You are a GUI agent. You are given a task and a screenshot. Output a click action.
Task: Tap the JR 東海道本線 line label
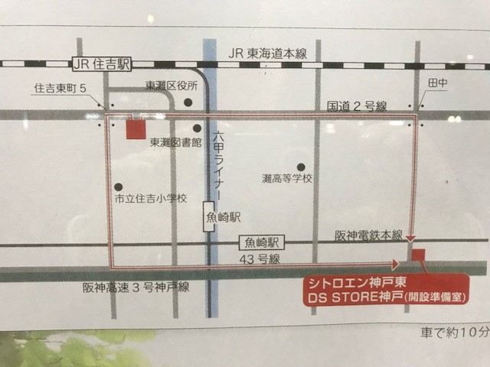click(x=268, y=53)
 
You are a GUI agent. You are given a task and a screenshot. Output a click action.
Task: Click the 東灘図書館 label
click(x=175, y=142)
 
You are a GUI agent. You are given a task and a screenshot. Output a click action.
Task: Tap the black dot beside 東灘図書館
click(x=197, y=128)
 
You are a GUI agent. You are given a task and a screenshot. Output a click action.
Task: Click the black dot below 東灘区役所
click(x=188, y=102)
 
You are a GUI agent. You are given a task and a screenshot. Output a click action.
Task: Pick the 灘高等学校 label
click(x=287, y=179)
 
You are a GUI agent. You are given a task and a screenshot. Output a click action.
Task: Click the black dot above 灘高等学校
click(x=301, y=166)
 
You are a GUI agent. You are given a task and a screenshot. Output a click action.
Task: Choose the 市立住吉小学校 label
click(x=150, y=198)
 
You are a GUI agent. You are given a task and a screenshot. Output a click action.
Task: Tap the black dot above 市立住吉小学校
click(x=119, y=186)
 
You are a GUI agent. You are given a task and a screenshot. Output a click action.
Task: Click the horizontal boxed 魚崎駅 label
click(x=261, y=242)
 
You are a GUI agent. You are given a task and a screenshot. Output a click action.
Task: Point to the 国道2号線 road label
click(x=357, y=105)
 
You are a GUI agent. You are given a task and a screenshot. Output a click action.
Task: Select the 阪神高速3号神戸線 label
click(x=137, y=287)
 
